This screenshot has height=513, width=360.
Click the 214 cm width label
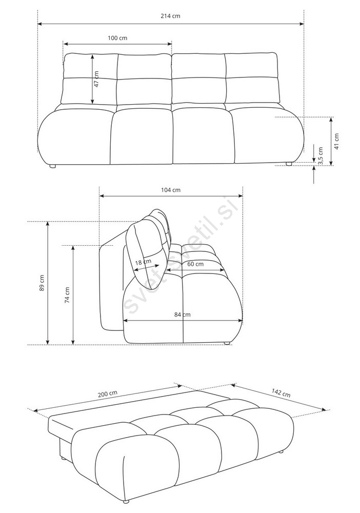[170, 16]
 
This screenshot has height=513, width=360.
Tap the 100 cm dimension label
[117, 38]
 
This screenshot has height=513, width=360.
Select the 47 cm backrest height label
[96, 79]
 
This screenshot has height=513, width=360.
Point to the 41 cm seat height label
[336, 141]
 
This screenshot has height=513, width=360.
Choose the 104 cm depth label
[171, 190]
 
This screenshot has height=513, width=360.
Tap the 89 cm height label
[42, 283]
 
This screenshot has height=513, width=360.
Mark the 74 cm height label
[67, 295]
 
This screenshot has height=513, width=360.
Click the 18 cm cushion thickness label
[143, 262]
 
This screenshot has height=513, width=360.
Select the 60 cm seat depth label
[195, 264]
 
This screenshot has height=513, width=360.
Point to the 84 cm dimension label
[182, 314]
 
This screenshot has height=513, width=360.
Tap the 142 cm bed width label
[281, 393]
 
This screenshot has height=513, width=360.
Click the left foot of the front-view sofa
[52, 166]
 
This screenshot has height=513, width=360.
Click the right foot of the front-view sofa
[289, 164]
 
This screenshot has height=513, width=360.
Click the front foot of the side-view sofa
[226, 343]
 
